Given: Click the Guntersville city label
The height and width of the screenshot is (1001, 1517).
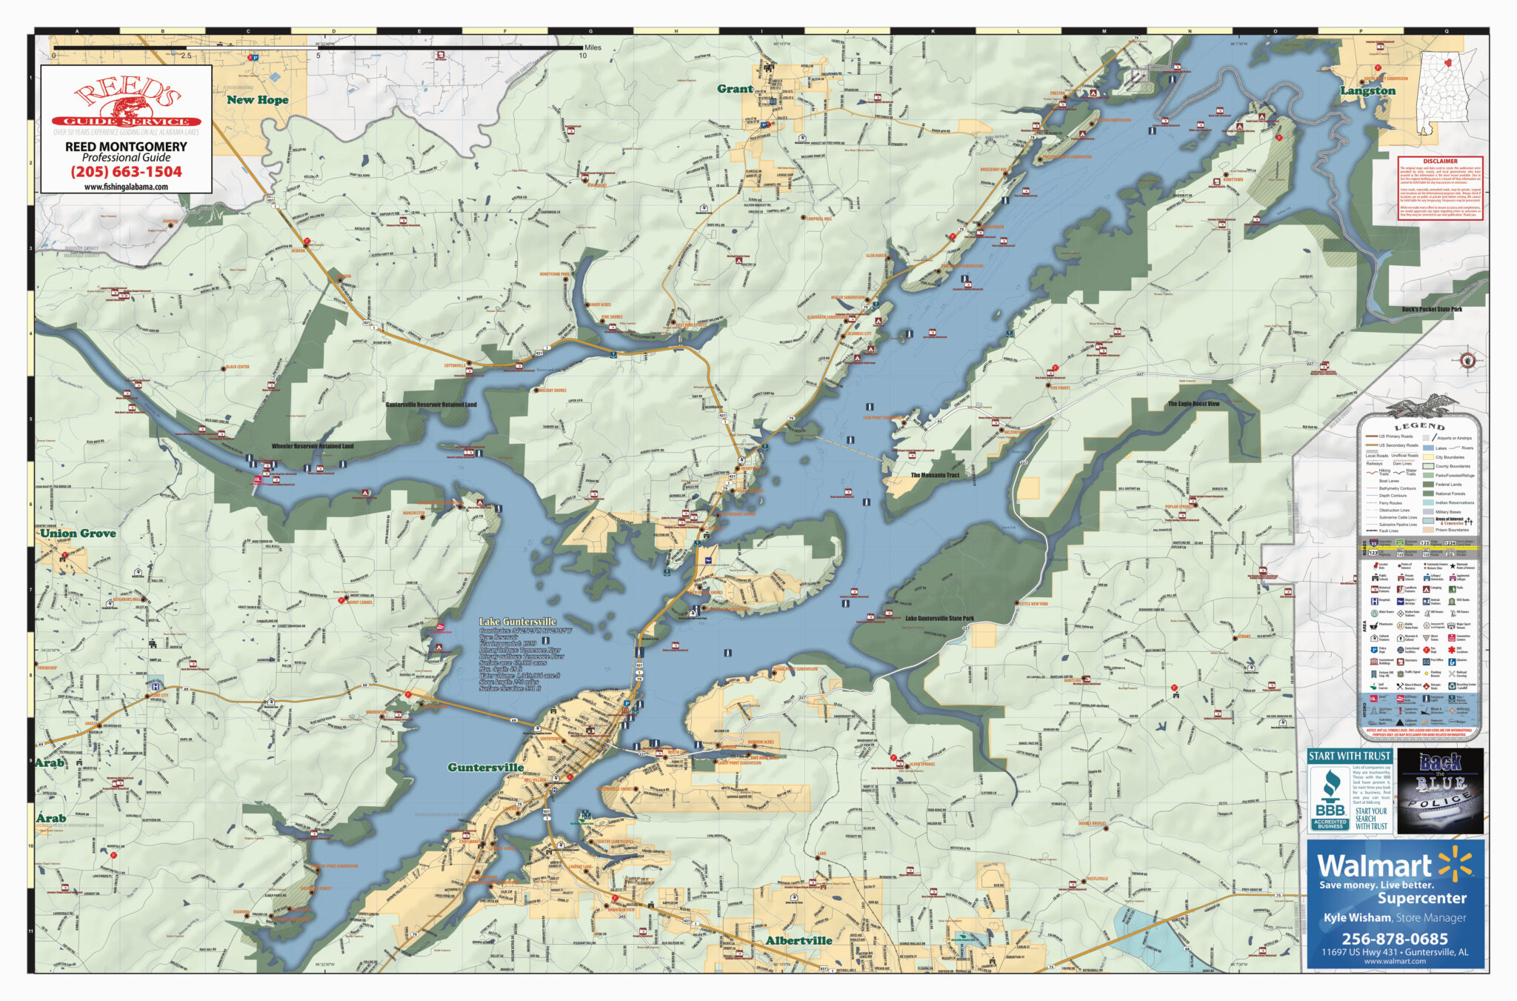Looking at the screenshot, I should click(x=485, y=768).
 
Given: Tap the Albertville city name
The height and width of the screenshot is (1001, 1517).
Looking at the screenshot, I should click(x=798, y=940).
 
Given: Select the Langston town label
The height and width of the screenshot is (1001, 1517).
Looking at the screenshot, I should click(x=1367, y=91).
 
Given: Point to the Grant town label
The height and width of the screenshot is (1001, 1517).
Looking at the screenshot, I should click(x=734, y=89).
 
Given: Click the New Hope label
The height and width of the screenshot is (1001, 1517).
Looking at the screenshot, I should click(x=257, y=99).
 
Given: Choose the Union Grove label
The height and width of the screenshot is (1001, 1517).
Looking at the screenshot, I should click(x=78, y=533).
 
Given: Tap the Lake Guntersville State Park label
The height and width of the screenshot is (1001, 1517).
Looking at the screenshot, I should click(x=939, y=618).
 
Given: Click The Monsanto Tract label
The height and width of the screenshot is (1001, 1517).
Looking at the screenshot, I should click(x=934, y=475).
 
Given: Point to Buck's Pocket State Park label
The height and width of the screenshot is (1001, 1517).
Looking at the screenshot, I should click(x=1431, y=309).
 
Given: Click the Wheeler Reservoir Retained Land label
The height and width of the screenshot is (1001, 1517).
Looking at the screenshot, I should click(x=312, y=446).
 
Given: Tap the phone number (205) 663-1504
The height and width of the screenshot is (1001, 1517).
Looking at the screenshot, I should click(x=126, y=172).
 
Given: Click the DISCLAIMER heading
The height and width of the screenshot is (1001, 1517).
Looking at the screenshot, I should click(x=1440, y=161).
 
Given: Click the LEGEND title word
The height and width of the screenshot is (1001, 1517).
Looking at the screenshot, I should click(x=1419, y=426).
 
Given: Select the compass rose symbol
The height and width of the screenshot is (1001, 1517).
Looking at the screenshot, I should click(x=1467, y=361).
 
